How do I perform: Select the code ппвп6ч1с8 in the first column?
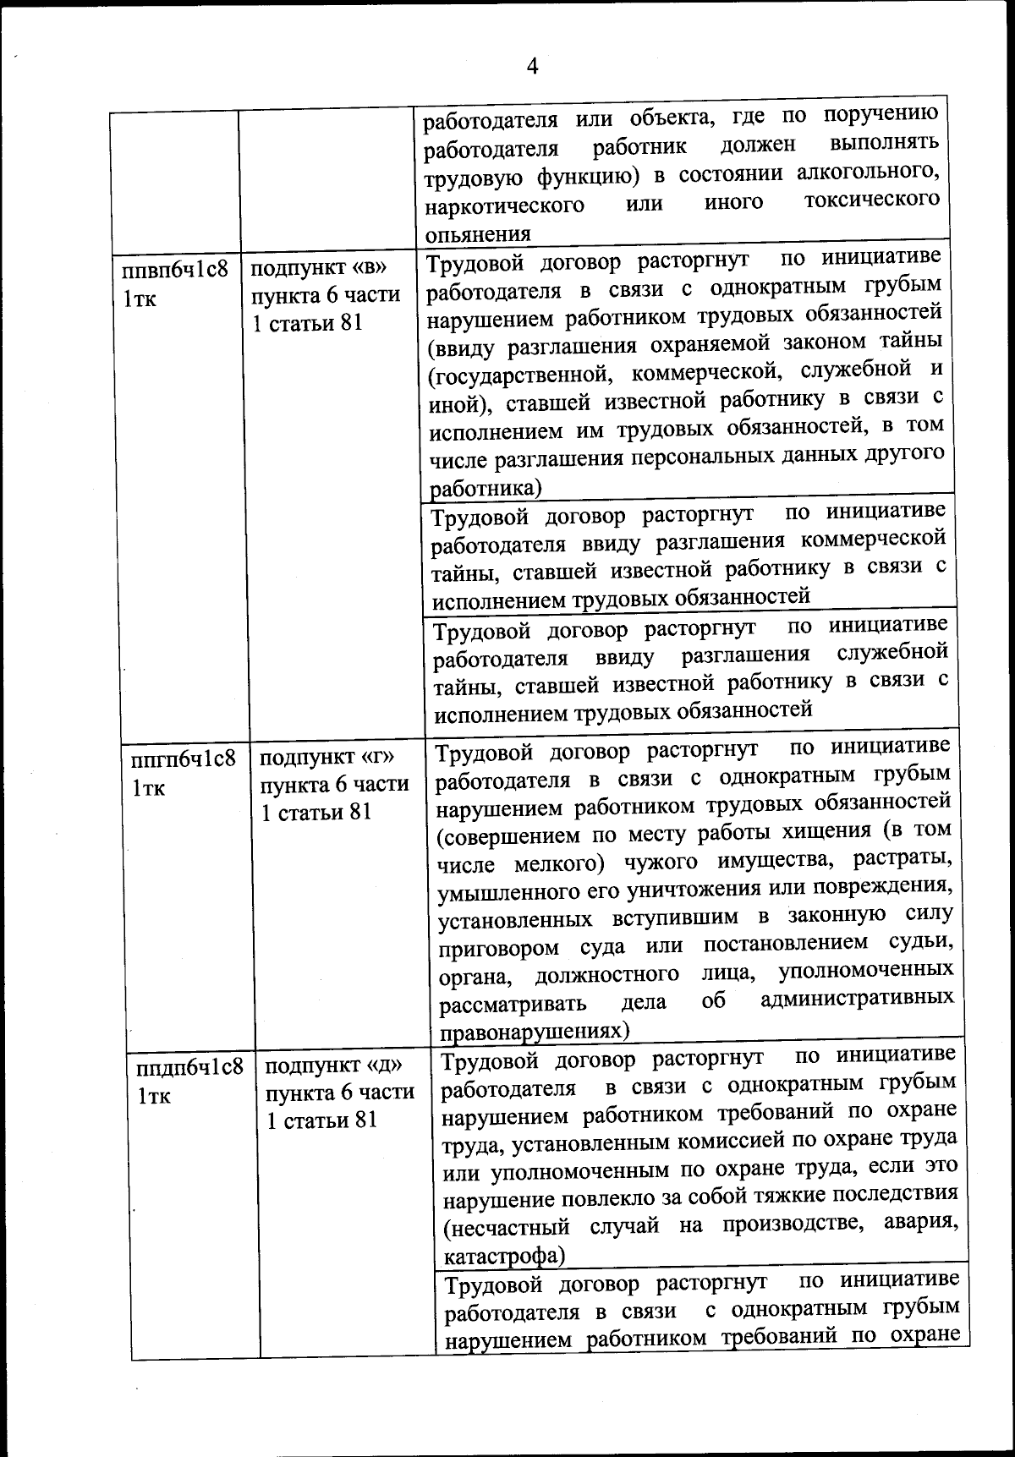[175, 271]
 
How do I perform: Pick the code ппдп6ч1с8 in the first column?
[189, 1066]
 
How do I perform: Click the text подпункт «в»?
[319, 268]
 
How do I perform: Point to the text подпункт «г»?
[328, 756]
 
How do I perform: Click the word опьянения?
[477, 234]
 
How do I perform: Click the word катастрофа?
[503, 1255]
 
